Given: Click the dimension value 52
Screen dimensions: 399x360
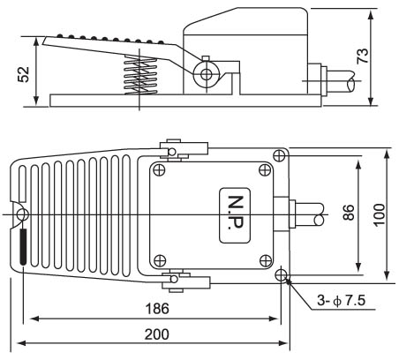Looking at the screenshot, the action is click(24, 74).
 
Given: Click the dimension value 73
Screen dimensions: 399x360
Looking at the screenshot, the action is click(363, 56).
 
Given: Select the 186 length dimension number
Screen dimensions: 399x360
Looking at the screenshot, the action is click(157, 309).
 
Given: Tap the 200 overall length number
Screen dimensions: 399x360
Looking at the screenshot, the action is click(157, 334).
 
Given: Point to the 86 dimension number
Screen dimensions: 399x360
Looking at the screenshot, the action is click(348, 212).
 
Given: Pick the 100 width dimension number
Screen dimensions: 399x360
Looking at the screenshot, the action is click(380, 214).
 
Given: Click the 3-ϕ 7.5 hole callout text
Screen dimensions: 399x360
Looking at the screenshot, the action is click(342, 301).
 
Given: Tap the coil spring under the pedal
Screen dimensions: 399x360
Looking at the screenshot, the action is click(139, 76).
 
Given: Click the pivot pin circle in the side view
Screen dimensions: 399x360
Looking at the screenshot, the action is click(207, 74).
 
